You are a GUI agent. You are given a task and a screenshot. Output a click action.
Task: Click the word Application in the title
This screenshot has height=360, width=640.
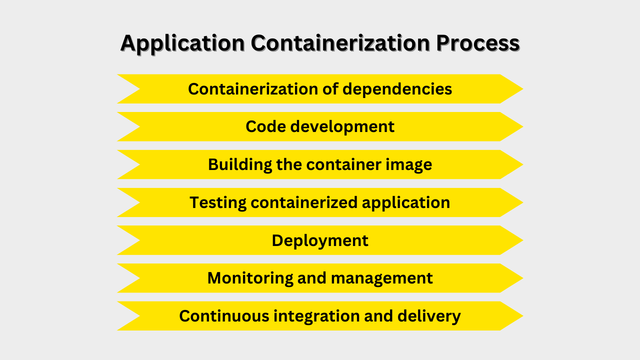coord(182,43)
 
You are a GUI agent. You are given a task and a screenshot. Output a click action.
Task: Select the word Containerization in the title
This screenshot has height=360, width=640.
coord(340,43)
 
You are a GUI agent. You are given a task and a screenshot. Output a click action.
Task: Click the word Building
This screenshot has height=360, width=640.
coord(239,164)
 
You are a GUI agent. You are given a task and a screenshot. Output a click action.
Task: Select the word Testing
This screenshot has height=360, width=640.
coord(218,202)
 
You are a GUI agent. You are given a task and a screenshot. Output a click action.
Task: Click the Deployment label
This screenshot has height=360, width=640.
coord(320,240)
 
